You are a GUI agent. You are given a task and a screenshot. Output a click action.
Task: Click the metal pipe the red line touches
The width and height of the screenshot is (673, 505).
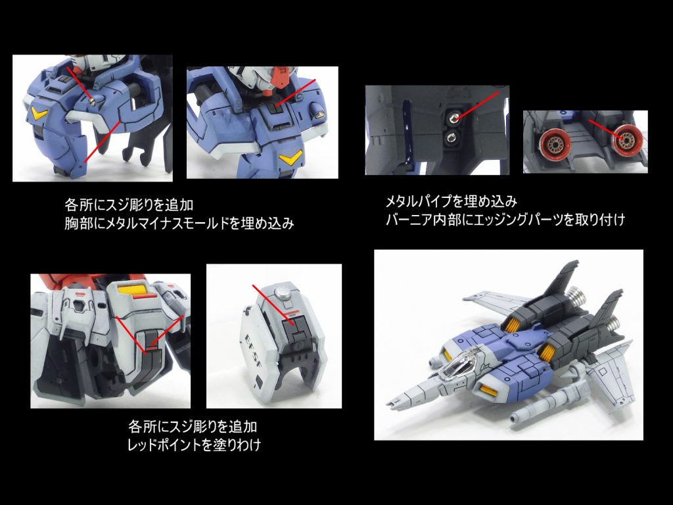pyautogui.click(x=453, y=118)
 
